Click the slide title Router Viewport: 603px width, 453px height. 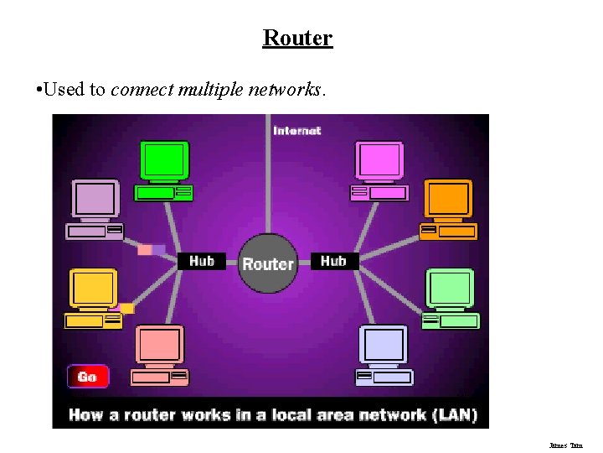(297, 38)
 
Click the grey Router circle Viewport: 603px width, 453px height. (268, 263)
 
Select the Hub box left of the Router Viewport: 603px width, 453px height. (202, 261)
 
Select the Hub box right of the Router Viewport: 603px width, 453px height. (333, 261)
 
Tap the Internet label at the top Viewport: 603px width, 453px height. (296, 131)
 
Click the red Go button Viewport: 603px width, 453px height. (88, 377)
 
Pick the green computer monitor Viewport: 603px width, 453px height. (163, 159)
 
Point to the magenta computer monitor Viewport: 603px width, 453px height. (379, 159)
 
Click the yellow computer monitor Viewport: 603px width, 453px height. (92, 289)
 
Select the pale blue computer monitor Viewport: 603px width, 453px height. (384, 344)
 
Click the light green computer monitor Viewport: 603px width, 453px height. (450, 288)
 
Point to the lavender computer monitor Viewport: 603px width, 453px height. (95, 199)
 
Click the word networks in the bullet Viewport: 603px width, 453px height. (285, 89)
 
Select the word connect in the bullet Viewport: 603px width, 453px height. (142, 89)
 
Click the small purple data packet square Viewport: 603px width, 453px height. (158, 250)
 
